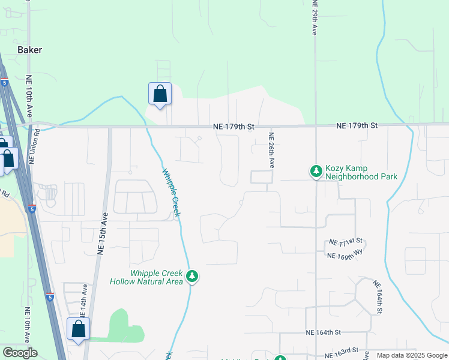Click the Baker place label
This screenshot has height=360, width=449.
(x=30, y=50)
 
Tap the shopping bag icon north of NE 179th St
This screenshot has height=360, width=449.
(x=160, y=94)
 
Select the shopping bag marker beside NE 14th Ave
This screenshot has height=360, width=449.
(x=78, y=329)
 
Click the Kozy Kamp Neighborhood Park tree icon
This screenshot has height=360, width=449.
(x=316, y=172)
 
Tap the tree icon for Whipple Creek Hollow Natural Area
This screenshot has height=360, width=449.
(x=192, y=277)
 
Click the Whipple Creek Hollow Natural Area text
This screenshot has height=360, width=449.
(x=146, y=277)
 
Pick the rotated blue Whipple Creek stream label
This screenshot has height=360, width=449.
(x=171, y=193)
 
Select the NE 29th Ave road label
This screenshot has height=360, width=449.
(x=314, y=18)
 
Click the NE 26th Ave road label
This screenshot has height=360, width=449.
(x=271, y=150)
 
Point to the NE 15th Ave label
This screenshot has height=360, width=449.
(x=103, y=235)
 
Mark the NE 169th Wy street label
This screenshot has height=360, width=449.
(x=345, y=255)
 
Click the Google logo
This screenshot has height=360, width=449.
(x=20, y=353)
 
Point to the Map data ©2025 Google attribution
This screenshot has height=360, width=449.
(x=411, y=355)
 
